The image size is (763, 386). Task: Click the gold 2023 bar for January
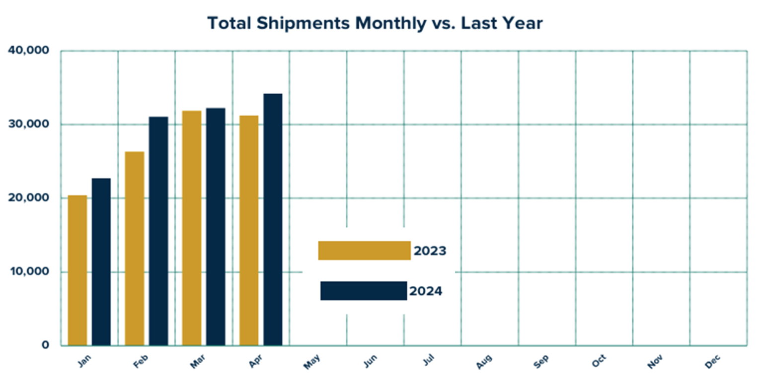pos(77,270)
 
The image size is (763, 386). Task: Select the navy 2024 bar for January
pos(101,262)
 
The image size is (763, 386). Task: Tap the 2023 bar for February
pos(135,249)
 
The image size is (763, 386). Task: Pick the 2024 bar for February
pos(158,231)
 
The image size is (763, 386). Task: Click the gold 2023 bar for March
pos(192,228)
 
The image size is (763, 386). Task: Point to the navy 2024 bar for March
pos(216,227)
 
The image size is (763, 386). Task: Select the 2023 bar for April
pos(249,230)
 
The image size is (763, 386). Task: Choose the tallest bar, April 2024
pos(273,219)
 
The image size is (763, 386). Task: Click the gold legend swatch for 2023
pos(364,251)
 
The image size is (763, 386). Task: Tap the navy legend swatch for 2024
pos(363,291)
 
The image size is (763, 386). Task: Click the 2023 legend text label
pos(430,251)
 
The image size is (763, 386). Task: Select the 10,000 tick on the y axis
pos(28,272)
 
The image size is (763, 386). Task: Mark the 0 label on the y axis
pos(46,345)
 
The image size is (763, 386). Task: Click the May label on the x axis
pos(312,362)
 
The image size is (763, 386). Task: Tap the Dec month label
pos(712,362)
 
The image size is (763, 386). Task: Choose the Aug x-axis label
pos(484,362)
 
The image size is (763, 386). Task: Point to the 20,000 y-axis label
pos(28,198)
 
